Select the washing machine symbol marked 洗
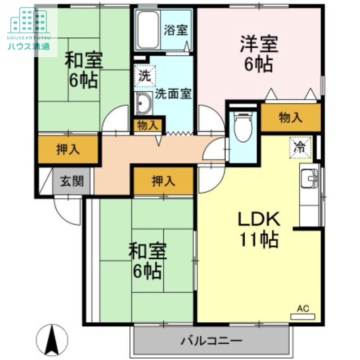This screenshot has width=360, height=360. click(144, 76)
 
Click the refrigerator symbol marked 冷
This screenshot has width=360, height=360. click(300, 146)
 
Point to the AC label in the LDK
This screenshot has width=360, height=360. click(303, 309)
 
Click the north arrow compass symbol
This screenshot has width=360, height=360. click(52, 339)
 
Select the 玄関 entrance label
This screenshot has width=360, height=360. click(72, 182)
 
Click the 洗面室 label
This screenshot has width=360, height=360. click(173, 94)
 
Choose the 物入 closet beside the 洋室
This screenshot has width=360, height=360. click(290, 118)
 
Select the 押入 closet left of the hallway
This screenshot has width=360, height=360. click(68, 150)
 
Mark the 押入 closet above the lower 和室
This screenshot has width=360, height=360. click(163, 181)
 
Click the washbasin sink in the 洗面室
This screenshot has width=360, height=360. click(144, 104)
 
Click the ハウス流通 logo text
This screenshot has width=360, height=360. click(28, 45)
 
